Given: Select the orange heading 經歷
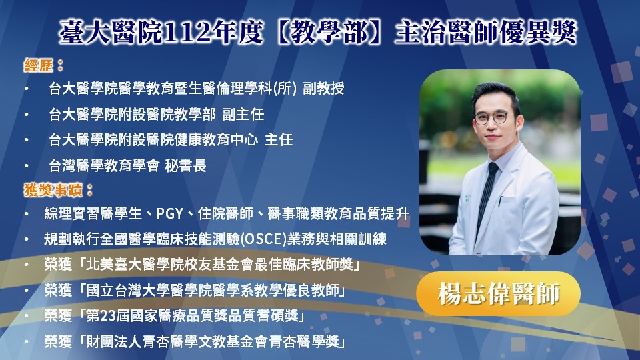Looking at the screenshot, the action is (x=39, y=65).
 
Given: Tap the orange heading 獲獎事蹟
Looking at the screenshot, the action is (x=53, y=190).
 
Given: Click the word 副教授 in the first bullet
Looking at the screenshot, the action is (x=323, y=88).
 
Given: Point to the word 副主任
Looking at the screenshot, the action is (x=243, y=114).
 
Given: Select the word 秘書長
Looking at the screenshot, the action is (x=186, y=165).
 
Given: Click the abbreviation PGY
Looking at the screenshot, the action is (x=169, y=213).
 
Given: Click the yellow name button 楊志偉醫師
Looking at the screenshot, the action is (x=499, y=293).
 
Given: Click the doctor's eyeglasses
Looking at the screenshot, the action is (x=494, y=118).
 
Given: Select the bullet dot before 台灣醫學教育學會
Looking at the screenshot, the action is (x=27, y=166).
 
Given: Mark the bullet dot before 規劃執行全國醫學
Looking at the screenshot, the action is (x=27, y=239).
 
